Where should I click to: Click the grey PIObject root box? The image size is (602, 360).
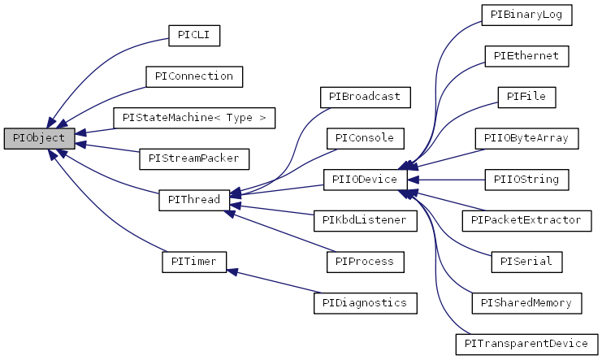(39, 138)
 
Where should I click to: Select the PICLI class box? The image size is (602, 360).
(194, 35)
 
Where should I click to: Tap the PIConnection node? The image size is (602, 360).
(194, 76)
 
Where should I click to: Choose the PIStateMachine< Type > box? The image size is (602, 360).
(194, 118)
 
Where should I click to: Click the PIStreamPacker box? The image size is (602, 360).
(194, 158)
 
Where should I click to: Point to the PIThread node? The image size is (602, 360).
(194, 200)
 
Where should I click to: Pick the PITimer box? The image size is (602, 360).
(194, 262)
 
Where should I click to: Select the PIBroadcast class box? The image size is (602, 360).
(365, 97)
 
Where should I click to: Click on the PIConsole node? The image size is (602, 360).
(365, 138)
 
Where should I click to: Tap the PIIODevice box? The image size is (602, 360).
(365, 180)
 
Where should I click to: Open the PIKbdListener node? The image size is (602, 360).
(365, 220)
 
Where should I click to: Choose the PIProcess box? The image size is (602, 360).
(365, 262)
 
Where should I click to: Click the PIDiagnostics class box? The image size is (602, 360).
(365, 303)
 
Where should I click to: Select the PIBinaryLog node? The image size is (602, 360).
(526, 15)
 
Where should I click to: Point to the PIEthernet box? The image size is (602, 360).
(526, 56)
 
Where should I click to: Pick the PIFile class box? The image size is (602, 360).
(526, 97)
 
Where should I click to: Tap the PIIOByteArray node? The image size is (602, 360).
(526, 138)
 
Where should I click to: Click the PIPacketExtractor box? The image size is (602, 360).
(526, 220)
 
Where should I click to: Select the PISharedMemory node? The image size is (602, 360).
(526, 303)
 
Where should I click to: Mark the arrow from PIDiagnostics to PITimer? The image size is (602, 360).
(276, 282)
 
